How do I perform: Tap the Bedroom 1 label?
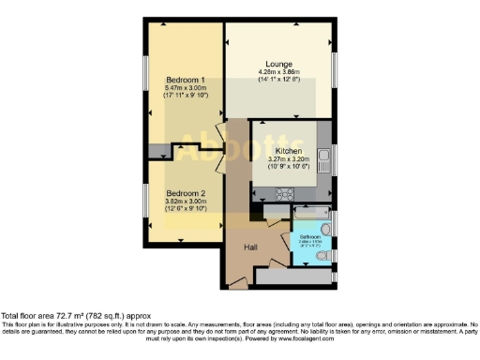coord(185,79)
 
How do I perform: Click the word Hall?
coord(251,247)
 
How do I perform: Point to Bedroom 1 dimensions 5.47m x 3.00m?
coord(185,87)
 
